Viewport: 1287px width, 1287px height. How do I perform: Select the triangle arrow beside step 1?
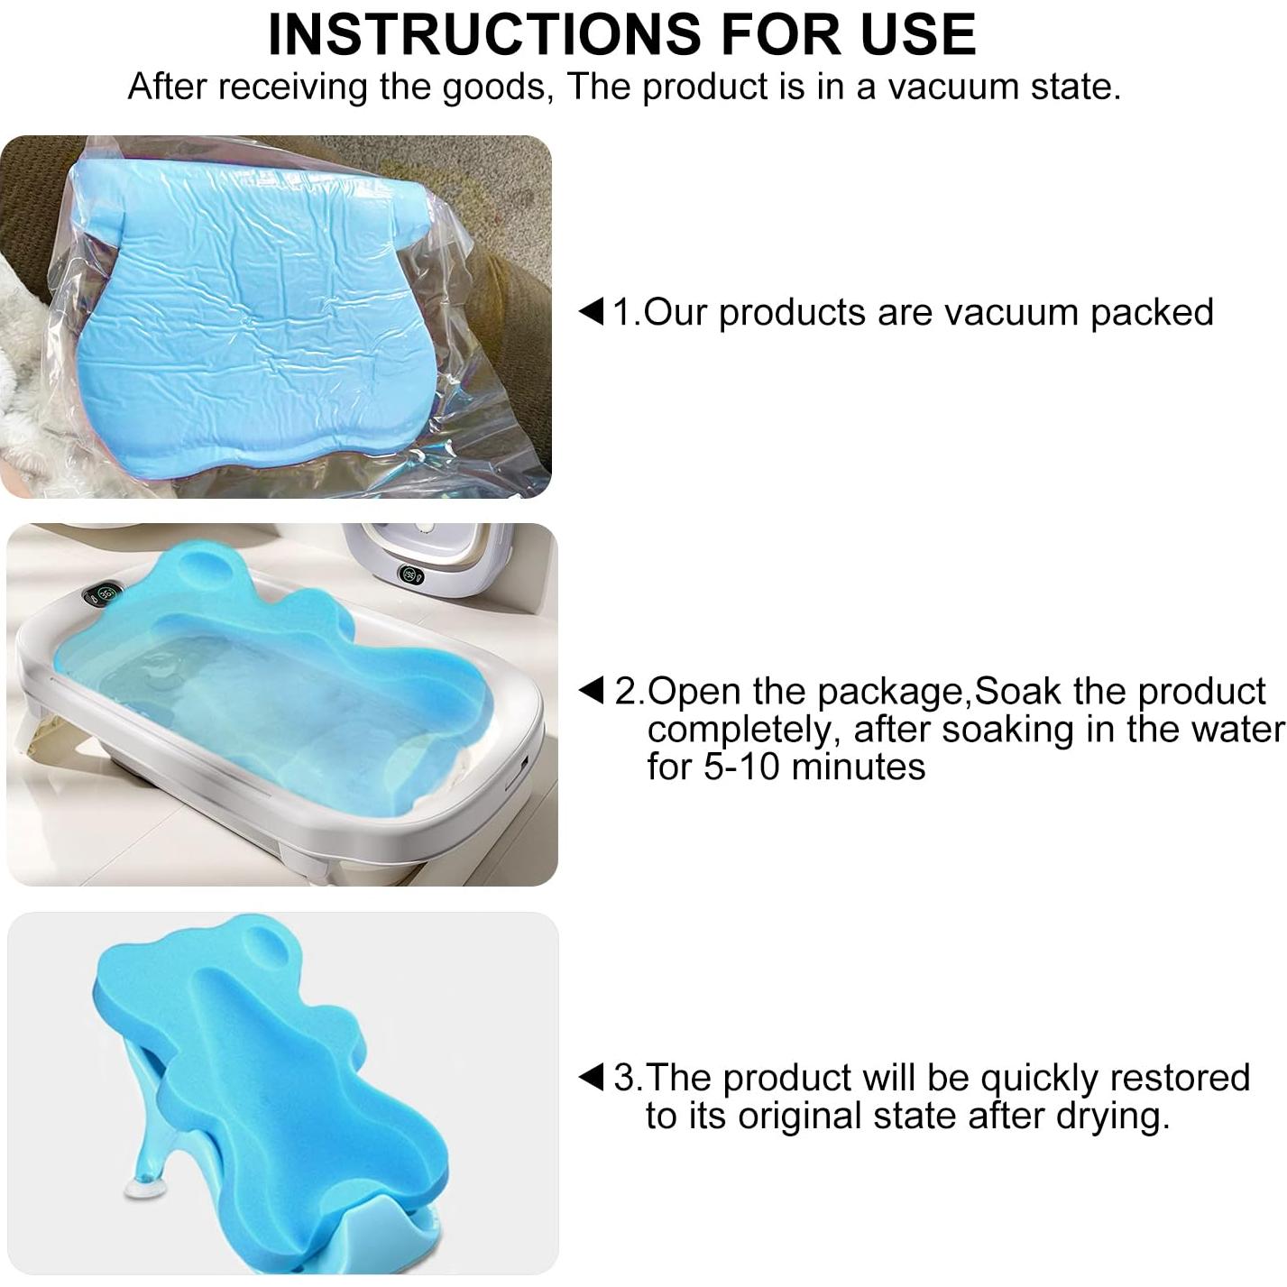tap(591, 312)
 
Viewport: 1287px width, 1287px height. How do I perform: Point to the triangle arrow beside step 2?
tap(591, 691)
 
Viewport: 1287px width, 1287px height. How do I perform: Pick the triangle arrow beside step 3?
tap(591, 1077)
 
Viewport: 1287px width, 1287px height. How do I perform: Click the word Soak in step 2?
tap(1020, 691)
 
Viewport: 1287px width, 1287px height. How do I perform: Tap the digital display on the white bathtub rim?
tap(103, 594)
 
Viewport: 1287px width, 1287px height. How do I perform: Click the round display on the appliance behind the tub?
tap(410, 574)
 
